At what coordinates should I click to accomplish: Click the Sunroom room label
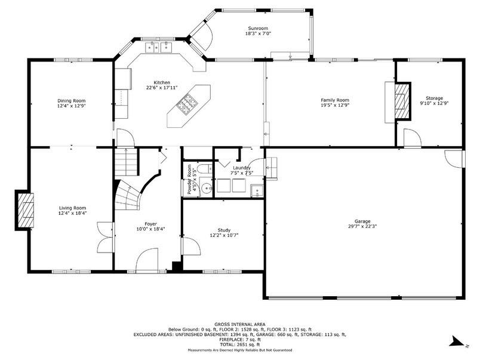[x=258, y=29]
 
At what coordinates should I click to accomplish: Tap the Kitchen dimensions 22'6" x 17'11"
[x=162, y=88]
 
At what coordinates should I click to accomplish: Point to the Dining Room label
[x=72, y=101]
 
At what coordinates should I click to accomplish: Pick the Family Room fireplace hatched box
[x=402, y=100]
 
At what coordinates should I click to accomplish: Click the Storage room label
[x=435, y=99]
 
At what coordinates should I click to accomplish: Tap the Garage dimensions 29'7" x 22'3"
[x=362, y=226]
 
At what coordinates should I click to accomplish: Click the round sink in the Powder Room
[x=207, y=187]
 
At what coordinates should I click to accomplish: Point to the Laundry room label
[x=242, y=168]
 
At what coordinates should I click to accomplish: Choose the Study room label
[x=224, y=230]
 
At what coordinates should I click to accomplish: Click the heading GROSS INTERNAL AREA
[x=239, y=324]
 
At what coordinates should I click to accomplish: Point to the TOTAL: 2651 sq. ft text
[x=239, y=344]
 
